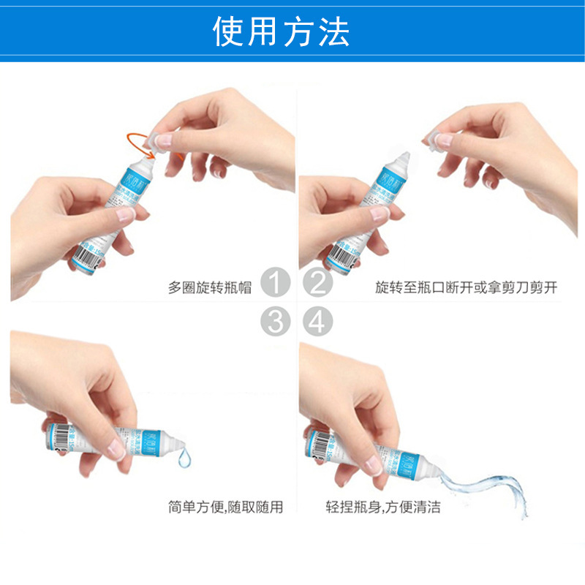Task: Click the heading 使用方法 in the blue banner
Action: tap(282, 31)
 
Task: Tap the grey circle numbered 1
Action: tap(275, 283)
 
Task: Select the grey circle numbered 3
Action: tap(275, 321)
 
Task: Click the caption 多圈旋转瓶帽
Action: tap(210, 287)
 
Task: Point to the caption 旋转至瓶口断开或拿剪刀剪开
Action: tap(466, 287)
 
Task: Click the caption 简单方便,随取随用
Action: tap(224, 507)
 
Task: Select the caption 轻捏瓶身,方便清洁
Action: tap(383, 507)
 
